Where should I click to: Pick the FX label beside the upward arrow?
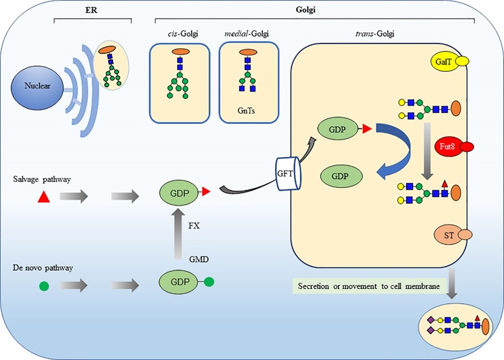click(x=194, y=225)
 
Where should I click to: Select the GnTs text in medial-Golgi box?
click(x=247, y=113)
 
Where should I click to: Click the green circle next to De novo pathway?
click(x=44, y=285)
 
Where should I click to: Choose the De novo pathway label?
click(x=43, y=268)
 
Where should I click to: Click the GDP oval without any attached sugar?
click(x=342, y=176)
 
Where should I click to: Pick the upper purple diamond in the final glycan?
click(x=430, y=320)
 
